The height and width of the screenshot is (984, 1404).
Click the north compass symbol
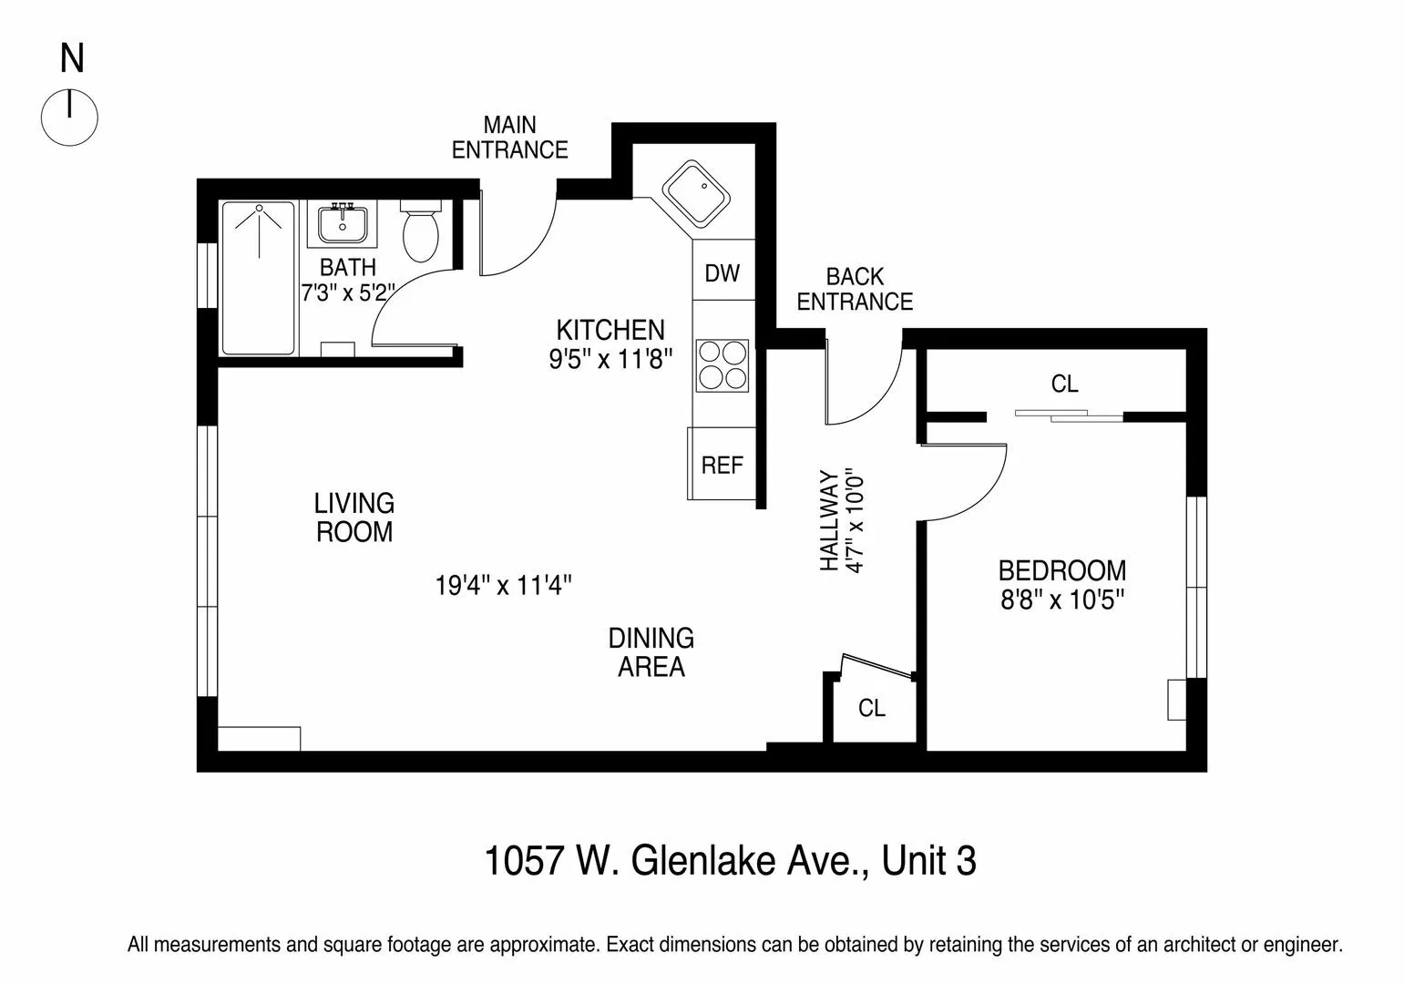(69, 118)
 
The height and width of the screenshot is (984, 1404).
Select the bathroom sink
(343, 224)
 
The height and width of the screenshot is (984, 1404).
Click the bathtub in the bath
(259, 279)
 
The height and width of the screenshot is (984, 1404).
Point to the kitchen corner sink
(696, 195)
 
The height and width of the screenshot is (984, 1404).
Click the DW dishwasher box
(722, 272)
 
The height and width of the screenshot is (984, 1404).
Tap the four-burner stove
(722, 365)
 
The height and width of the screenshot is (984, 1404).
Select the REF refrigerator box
(722, 465)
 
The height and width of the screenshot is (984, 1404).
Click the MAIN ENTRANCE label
(509, 138)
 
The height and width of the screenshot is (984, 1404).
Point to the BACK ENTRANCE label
(855, 289)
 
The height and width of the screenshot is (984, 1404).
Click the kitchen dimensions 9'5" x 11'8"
(610, 359)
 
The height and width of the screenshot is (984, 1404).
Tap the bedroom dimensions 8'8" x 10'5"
(1061, 600)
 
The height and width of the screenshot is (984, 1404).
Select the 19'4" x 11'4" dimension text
(503, 585)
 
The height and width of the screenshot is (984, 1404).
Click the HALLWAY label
(828, 520)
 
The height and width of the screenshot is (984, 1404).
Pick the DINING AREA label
(651, 652)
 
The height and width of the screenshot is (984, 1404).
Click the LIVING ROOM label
(354, 518)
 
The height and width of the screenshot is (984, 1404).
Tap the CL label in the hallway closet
(872, 708)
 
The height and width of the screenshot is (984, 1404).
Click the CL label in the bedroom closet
(1064, 384)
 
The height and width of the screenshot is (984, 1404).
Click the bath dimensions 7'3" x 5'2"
(348, 293)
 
